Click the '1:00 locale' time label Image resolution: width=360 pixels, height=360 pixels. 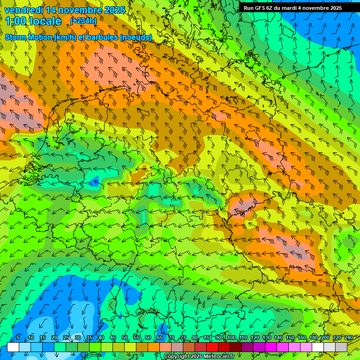33,21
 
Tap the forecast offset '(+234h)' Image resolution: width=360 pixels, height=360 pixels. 83,21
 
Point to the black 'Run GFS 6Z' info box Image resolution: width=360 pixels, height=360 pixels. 298,8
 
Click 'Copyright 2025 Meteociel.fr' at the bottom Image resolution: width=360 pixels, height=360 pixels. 199,357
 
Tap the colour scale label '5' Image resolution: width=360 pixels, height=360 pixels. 18,338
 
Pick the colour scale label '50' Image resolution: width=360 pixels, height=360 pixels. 125,338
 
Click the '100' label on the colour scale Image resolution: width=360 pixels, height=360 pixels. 231,338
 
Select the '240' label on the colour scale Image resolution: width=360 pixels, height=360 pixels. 349,338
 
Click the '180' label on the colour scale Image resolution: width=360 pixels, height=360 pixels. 313,338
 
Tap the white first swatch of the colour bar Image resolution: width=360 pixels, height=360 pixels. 13,347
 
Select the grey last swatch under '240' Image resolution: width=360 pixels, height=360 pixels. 341,347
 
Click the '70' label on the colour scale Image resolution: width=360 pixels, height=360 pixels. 172,338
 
